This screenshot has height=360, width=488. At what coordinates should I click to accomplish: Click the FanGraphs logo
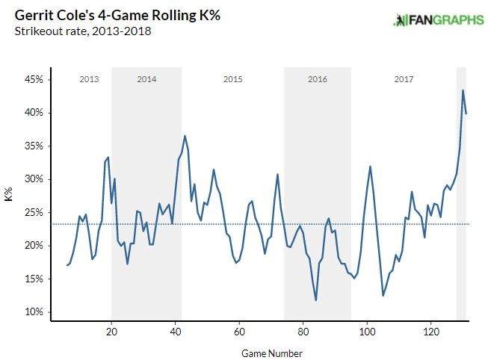pos(438,19)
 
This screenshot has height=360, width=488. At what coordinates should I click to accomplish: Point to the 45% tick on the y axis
pos(36,79)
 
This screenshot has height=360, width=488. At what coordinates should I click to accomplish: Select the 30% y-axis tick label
pos(36,179)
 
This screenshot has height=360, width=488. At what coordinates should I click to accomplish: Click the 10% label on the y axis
pos(36,312)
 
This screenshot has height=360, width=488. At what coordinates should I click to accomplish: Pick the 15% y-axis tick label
pos(36,279)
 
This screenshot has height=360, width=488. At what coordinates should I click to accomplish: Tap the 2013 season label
pos(89,78)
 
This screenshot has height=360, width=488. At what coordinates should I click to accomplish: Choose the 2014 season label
pos(146,78)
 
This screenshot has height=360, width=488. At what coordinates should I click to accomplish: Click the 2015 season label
pos(232,78)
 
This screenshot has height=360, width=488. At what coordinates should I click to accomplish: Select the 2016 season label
pos(318,78)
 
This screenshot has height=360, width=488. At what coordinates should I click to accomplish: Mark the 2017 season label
pos(404,78)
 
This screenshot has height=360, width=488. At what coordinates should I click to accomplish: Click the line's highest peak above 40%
pos(463,90)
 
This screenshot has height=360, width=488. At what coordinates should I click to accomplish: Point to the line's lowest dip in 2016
pos(316,300)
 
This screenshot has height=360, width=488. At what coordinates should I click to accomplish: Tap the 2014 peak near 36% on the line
pos(185,136)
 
